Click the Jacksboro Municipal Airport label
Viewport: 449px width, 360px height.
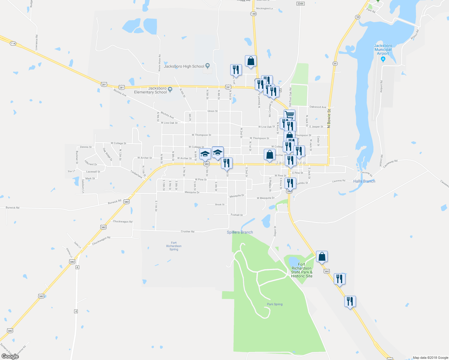[x=383, y=49]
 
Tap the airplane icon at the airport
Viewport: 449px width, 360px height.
[x=383, y=59]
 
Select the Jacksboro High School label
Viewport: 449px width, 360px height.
[x=184, y=66]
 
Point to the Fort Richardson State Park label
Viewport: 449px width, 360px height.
[x=302, y=270]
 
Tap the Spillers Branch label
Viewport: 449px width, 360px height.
[x=240, y=232]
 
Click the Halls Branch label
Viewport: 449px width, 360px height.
[x=364, y=181]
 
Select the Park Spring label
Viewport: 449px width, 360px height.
[x=275, y=304]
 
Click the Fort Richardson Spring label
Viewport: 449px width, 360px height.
[x=174, y=246]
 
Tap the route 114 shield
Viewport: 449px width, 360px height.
[x=13, y=43]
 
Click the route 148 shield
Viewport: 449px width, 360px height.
[x=254, y=14]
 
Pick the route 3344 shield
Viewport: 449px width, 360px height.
[x=300, y=4]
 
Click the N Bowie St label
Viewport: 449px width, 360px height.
[x=329, y=119]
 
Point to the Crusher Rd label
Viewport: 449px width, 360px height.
[x=188, y=232]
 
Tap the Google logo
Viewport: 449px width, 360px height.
[x=10, y=356]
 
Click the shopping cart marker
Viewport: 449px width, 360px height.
[x=289, y=115]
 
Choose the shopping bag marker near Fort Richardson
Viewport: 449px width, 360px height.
[x=322, y=257]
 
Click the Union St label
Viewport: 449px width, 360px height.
[x=212, y=111]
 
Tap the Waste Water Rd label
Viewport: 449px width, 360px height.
[x=159, y=63]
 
